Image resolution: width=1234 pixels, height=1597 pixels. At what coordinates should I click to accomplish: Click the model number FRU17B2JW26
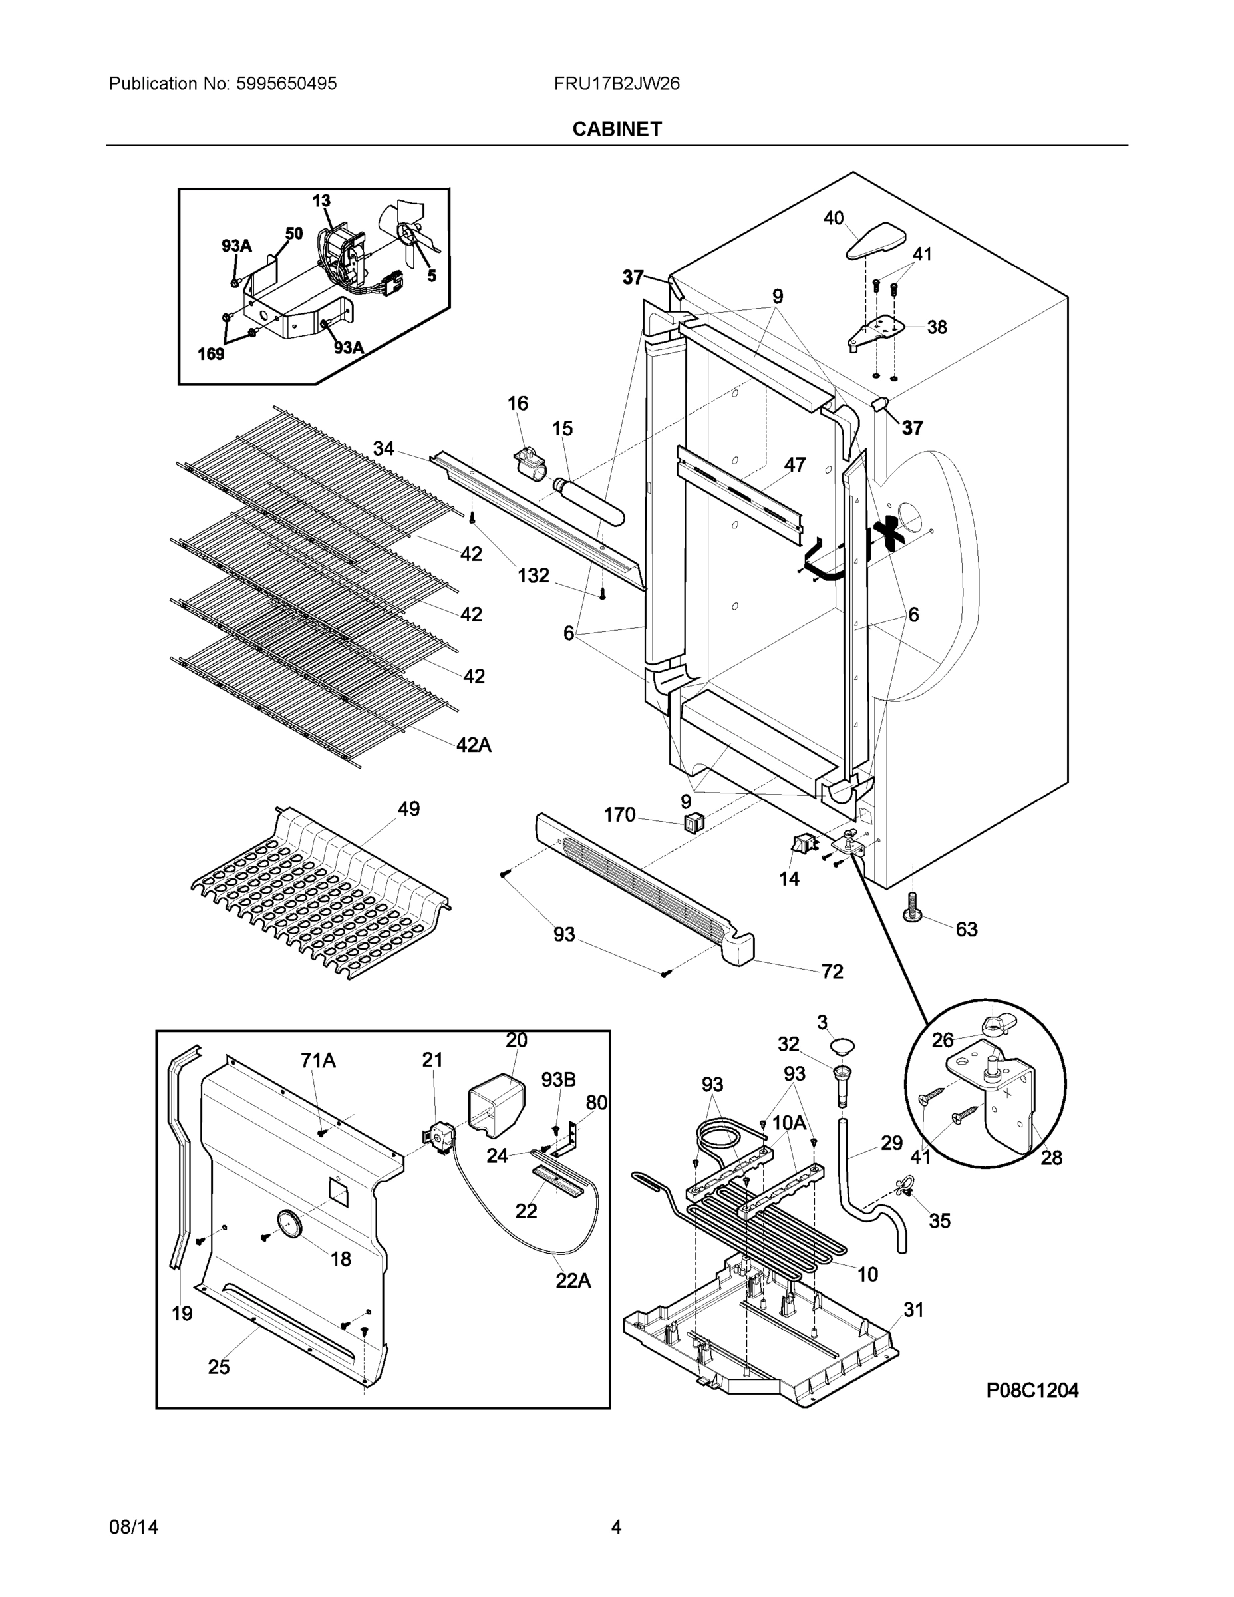click(616, 83)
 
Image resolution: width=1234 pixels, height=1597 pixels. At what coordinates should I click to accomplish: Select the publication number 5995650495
click(286, 83)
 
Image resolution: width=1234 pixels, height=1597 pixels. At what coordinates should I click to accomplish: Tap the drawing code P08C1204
click(1032, 1390)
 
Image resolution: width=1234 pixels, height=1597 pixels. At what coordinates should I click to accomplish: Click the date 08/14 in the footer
click(134, 1527)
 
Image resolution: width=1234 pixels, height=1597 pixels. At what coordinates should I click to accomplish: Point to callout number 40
click(834, 218)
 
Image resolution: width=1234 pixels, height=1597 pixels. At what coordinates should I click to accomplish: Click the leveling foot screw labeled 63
click(912, 908)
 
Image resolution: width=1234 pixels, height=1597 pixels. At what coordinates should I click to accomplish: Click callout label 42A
click(474, 745)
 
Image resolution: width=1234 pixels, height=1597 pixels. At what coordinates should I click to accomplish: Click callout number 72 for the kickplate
click(832, 971)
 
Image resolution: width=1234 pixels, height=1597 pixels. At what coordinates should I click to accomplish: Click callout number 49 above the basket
click(408, 808)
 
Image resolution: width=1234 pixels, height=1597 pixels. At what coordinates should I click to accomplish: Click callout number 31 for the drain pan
click(914, 1310)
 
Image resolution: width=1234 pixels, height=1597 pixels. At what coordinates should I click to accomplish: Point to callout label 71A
click(318, 1059)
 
